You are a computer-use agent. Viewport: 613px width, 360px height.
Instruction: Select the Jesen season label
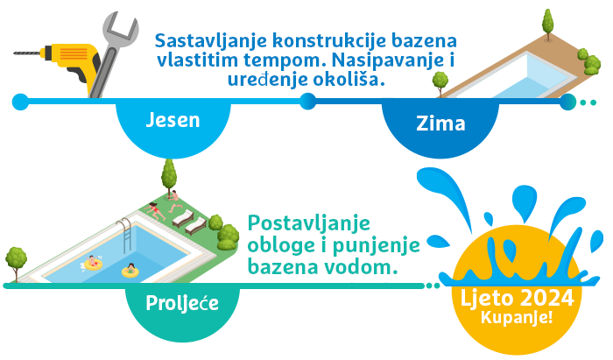click(173, 120)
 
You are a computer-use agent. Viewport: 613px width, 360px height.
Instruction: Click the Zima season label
click(440, 124)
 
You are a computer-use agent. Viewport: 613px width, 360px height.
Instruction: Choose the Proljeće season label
click(182, 303)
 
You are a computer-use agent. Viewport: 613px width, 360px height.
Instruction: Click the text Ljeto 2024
click(517, 298)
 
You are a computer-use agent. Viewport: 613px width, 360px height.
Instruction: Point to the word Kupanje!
click(517, 317)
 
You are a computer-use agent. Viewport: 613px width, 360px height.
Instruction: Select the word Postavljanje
click(309, 224)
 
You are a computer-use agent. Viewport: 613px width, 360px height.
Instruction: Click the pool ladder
click(124, 235)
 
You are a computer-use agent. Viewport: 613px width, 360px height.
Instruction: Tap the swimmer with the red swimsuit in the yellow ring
click(93, 263)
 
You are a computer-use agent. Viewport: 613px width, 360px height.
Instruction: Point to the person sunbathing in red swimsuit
click(155, 211)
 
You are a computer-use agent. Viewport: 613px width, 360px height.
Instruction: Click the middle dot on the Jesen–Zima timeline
click(308, 102)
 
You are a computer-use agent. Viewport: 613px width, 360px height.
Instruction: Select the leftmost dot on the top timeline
click(20, 102)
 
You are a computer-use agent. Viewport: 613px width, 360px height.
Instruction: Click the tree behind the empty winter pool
click(547, 24)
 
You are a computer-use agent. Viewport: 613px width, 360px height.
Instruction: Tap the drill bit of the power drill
click(26, 53)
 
